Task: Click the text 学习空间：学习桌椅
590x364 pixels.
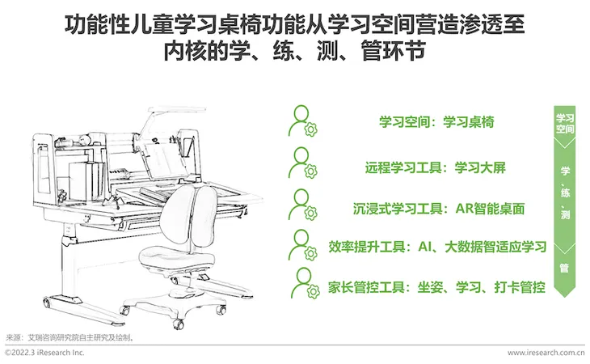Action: coord(436,122)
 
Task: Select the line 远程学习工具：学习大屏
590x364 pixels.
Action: coord(436,167)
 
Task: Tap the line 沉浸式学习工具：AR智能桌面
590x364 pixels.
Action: coord(439,209)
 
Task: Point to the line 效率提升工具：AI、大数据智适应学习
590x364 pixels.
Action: coord(437,247)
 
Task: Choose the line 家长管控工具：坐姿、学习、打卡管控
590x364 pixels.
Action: coord(437,287)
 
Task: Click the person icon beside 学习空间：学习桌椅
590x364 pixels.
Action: coord(303,121)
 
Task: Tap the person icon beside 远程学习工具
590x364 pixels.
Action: coord(303,163)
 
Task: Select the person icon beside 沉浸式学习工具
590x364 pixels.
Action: coord(303,205)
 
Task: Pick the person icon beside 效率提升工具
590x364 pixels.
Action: coord(303,244)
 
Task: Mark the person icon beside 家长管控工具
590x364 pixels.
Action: coord(305,283)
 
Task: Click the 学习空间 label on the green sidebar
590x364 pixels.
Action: coord(565,124)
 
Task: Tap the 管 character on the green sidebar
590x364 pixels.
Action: coord(564,268)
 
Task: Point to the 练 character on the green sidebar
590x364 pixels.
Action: coord(565,193)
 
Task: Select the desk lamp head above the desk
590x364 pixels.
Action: coord(177,109)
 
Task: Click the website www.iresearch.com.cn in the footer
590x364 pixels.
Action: coord(546,353)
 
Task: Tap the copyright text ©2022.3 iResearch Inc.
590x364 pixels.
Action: coord(44,353)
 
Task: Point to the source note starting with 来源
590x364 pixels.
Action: coord(70,337)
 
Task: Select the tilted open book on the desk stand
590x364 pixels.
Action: coord(165,160)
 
